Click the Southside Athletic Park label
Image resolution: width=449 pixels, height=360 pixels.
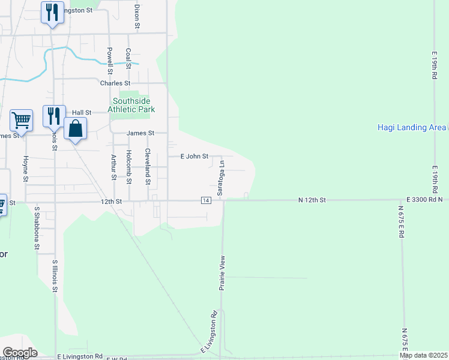click(131, 105)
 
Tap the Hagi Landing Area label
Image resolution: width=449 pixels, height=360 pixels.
click(412, 127)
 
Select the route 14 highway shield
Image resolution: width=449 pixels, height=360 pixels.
click(206, 200)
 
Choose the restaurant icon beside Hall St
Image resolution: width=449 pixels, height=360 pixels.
click(54, 115)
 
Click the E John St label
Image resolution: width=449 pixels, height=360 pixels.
click(195, 157)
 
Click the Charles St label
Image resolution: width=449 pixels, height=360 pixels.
click(115, 83)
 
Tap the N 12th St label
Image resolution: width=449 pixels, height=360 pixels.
click(312, 199)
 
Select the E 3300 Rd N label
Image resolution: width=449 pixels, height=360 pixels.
click(423, 199)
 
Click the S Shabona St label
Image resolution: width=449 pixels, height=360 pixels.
click(37, 228)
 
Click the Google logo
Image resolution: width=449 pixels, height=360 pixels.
click(19, 353)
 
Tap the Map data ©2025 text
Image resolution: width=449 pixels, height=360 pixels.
click(423, 355)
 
